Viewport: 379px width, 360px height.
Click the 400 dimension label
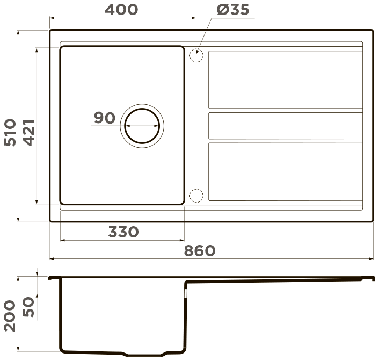(x=121, y=10)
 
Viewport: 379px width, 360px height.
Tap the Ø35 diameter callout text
(x=233, y=10)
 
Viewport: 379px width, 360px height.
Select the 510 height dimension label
(x=10, y=132)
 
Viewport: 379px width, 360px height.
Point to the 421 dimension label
(x=29, y=133)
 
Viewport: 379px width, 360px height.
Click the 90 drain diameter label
(x=105, y=118)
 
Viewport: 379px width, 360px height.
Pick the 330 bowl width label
(x=123, y=232)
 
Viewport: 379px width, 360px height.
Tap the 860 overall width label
(x=200, y=250)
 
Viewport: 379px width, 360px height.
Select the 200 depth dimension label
(x=10, y=316)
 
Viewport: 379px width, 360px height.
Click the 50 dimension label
(x=28, y=307)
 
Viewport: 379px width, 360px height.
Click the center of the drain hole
(x=142, y=126)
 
